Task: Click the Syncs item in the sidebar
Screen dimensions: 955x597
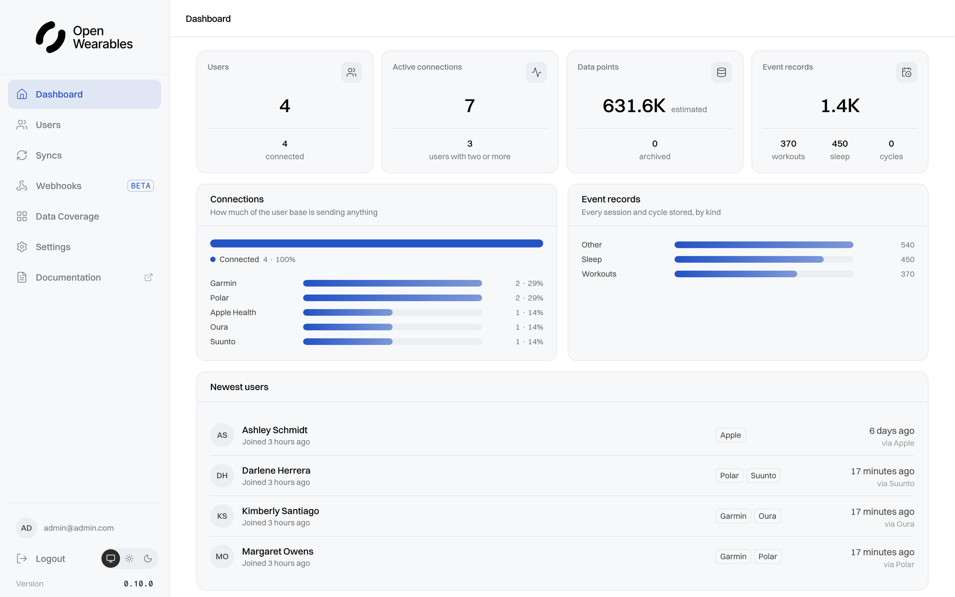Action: click(x=49, y=155)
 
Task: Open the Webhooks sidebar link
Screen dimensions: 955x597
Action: click(x=58, y=186)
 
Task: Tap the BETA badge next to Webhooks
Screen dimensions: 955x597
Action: click(x=141, y=186)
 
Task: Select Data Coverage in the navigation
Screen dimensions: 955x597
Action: click(x=67, y=216)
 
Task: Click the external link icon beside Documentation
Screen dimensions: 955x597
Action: click(x=148, y=277)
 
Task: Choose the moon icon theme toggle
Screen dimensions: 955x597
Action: click(x=148, y=558)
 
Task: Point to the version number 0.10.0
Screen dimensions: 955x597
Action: click(x=138, y=584)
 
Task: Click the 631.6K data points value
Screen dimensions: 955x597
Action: click(x=634, y=105)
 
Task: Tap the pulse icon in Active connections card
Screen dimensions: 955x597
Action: click(x=536, y=72)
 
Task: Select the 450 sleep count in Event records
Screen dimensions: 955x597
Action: click(x=840, y=143)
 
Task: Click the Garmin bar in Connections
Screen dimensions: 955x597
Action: click(x=392, y=283)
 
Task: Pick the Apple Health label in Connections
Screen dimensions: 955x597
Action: click(x=233, y=312)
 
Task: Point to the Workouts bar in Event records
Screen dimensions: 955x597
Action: click(x=736, y=274)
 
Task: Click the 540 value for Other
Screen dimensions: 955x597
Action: click(x=907, y=245)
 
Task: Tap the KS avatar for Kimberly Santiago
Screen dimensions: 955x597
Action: click(x=222, y=516)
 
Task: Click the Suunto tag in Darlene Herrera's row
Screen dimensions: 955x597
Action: click(x=763, y=476)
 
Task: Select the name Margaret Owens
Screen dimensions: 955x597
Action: click(x=278, y=551)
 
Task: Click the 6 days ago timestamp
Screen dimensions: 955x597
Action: click(x=891, y=431)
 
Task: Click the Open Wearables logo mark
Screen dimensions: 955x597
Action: click(x=50, y=37)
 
